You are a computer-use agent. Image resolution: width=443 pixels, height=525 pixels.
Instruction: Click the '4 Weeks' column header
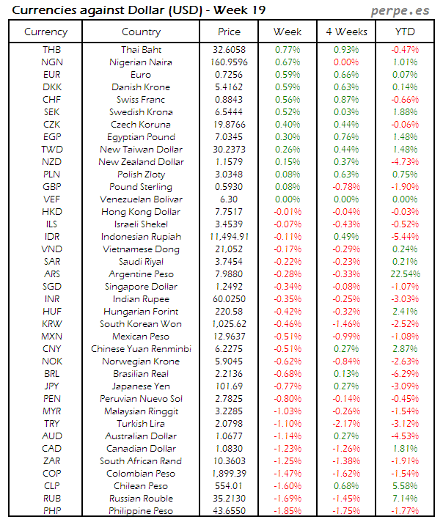point(345,32)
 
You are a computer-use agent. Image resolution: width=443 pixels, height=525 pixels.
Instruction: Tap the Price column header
point(229,32)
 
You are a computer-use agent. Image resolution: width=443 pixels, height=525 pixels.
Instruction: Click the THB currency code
point(52,49)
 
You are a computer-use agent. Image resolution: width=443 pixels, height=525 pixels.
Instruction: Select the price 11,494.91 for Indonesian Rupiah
point(229,236)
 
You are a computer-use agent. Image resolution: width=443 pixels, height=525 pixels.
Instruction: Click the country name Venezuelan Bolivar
point(141,199)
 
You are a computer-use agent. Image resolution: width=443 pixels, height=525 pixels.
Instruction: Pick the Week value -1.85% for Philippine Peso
point(287,510)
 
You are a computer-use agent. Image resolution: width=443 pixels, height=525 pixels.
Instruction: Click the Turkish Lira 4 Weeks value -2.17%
point(345,423)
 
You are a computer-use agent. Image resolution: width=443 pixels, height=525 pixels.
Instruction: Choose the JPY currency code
point(52,386)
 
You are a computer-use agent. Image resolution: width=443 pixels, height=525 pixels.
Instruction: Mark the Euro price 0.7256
point(229,74)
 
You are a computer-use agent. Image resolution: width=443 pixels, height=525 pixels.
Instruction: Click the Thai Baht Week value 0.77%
point(287,49)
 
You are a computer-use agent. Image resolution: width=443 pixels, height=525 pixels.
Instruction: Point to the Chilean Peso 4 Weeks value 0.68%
point(345,485)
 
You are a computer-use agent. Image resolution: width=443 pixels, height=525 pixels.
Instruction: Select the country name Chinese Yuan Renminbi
point(141,348)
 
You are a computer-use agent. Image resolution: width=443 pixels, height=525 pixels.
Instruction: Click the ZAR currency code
point(52,460)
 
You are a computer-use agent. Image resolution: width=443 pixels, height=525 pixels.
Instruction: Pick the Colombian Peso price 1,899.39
point(229,473)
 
